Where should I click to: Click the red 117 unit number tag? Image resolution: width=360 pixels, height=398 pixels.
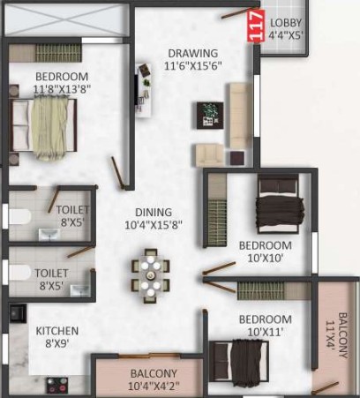pos(254,26)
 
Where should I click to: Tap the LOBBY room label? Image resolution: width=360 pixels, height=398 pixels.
pos(286,23)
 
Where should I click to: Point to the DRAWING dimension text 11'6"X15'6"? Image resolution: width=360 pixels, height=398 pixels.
pos(192,65)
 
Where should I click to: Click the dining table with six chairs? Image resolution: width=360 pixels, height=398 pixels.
pos(151,276)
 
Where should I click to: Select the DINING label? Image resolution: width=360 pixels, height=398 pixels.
pos(154,212)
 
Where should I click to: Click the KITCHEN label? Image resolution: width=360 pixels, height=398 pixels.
pos(57,331)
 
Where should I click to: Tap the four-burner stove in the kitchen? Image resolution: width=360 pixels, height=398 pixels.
pos(57,386)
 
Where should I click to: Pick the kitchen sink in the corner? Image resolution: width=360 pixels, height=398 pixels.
pos(18,313)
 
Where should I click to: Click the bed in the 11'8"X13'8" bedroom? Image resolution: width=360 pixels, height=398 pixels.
pos(43,126)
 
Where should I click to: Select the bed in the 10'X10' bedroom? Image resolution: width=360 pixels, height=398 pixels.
pos(280,204)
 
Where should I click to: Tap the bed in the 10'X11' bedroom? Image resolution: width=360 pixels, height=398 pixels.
pos(239,362)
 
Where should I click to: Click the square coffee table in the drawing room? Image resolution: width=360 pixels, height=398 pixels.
pos(210,116)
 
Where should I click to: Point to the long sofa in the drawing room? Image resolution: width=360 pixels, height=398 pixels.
pos(239,116)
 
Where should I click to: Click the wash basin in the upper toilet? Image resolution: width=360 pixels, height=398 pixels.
pos(49,235)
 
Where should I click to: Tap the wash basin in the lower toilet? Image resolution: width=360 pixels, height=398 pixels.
pos(80,290)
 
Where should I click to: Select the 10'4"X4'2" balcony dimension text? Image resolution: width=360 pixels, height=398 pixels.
pos(154,386)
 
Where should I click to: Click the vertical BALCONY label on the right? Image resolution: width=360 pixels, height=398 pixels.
pos(342,335)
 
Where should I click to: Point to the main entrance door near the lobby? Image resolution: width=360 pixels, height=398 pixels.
pos(236,13)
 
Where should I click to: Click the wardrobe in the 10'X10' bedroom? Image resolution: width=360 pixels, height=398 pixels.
pos(217,209)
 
